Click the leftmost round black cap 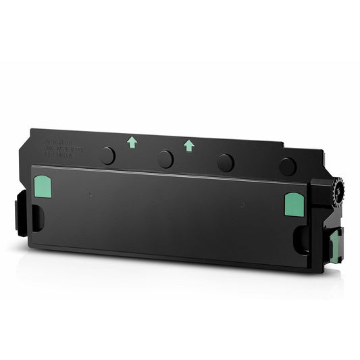(x=107, y=156)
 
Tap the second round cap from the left (x=165, y=159)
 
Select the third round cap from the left (x=226, y=162)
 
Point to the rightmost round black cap (x=288, y=166)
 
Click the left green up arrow (x=132, y=141)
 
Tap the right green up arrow (x=188, y=144)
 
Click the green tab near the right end (x=294, y=204)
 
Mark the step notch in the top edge (x=282, y=143)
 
